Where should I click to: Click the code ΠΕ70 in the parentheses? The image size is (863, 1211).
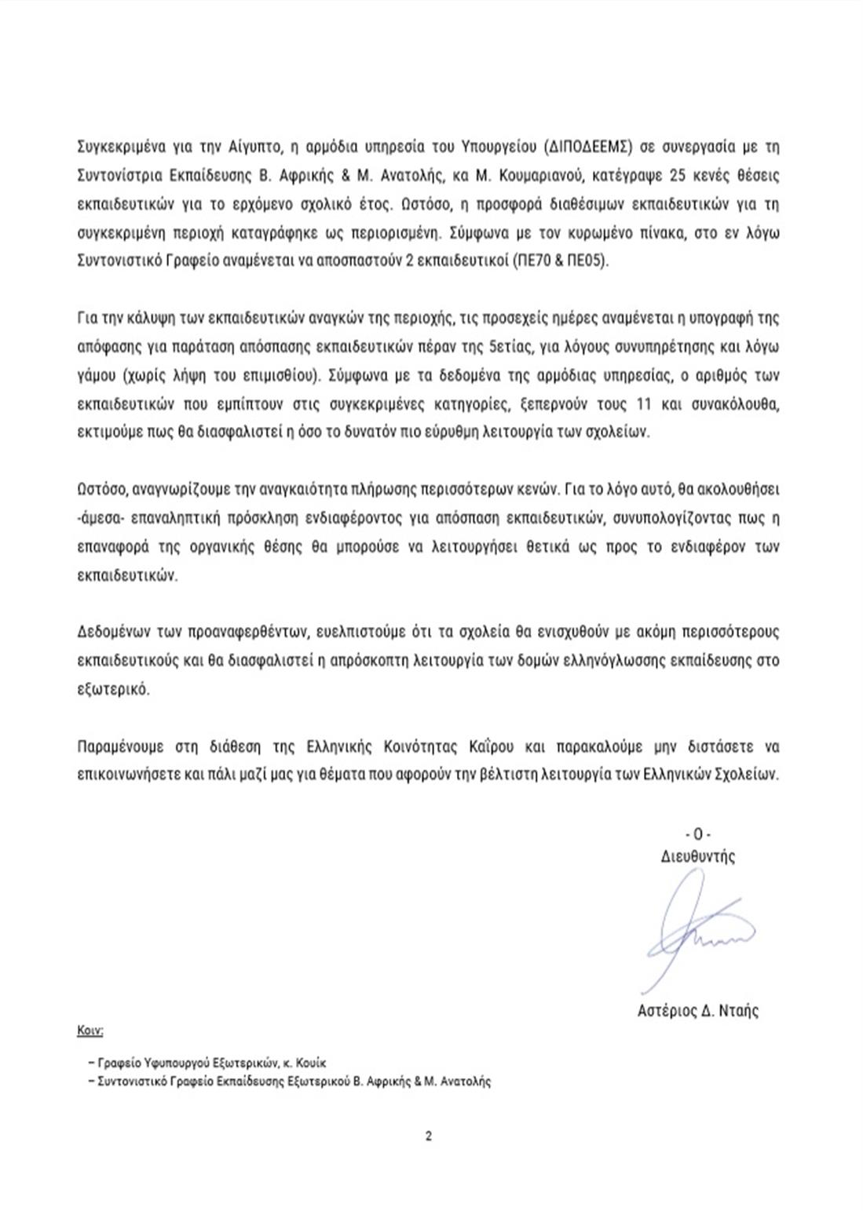coord(531,262)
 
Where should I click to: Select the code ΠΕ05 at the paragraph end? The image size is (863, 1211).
coord(585,262)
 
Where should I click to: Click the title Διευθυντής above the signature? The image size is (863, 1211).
coord(698,856)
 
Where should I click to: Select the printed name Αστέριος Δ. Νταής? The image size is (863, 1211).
coord(698,1011)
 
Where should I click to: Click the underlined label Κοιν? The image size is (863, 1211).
coord(90,1030)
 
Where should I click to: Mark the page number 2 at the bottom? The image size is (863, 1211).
coord(429,1136)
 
